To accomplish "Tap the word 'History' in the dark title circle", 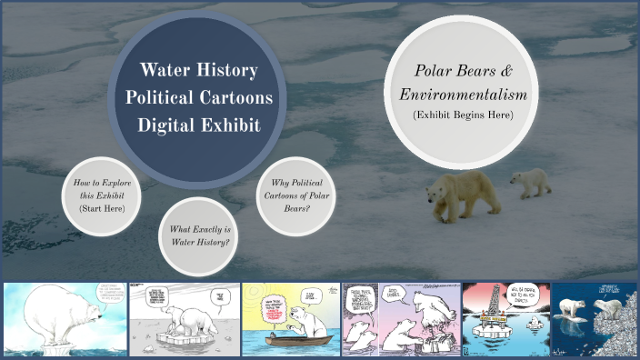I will pos(226,70).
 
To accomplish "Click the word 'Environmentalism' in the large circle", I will pos(464,94).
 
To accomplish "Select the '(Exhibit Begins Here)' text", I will pos(464,115).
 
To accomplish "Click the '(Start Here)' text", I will pos(102,209).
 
